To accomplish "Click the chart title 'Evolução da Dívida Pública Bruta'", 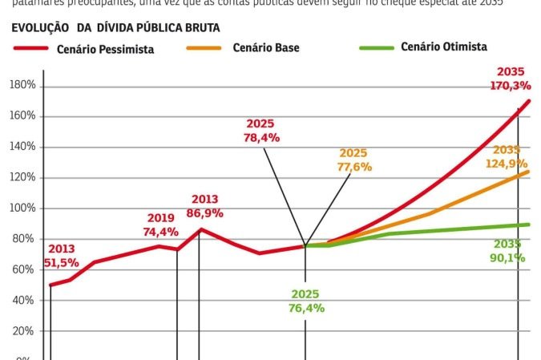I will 116,27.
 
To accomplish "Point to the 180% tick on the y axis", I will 22,85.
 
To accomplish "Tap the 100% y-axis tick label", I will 22,208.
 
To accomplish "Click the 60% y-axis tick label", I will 23,270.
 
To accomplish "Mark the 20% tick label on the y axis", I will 23,331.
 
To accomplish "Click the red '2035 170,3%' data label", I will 511,79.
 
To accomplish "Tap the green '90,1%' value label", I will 507,258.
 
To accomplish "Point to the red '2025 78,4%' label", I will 260,131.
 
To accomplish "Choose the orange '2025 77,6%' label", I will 354,160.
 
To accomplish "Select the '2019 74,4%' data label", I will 161,225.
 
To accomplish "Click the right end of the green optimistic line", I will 528,224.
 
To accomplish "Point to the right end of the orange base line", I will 528,172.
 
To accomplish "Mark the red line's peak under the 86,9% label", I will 200,230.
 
